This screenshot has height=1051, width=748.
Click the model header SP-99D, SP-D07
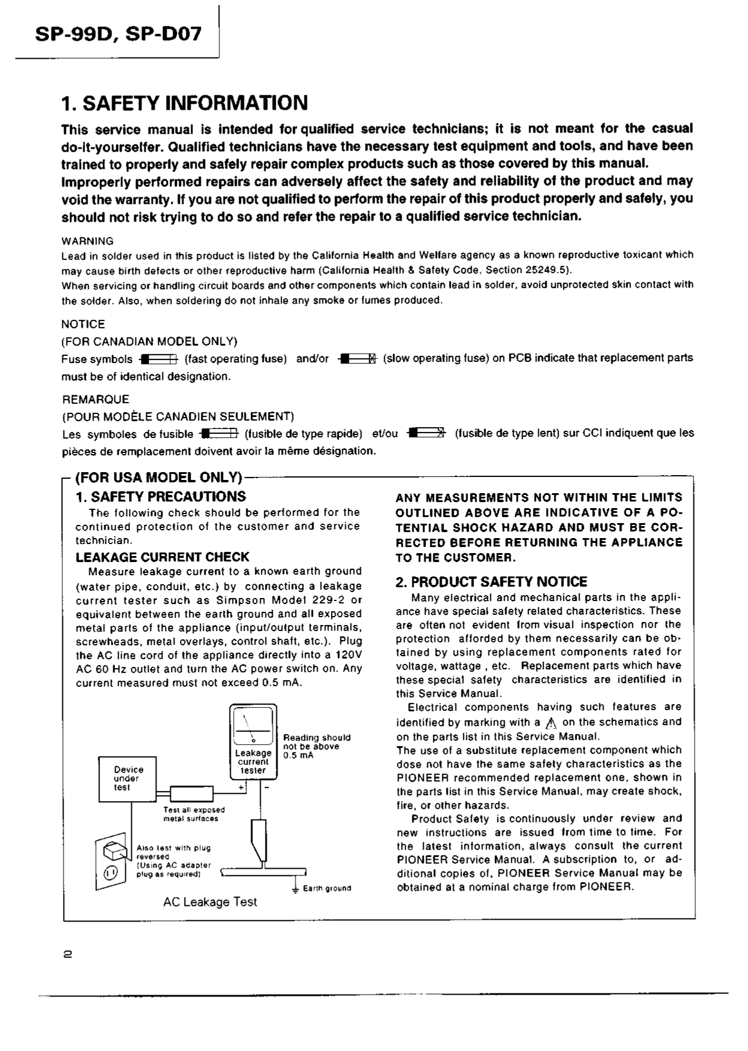[x=118, y=34]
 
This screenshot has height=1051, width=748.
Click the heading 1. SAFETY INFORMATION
[x=185, y=103]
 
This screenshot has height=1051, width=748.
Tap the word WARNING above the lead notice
[x=88, y=241]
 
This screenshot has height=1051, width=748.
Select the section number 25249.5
[x=541, y=270]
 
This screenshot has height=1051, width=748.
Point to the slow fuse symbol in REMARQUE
[x=427, y=434]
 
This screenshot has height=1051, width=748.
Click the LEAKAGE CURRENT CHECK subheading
[x=162, y=557]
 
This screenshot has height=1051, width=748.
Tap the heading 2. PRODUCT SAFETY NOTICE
[x=491, y=581]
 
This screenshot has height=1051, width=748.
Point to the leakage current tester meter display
[x=253, y=726]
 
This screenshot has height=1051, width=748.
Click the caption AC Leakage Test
[x=210, y=902]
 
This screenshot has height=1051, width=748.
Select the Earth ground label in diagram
[x=327, y=888]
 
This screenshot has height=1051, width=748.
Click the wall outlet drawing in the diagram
[x=111, y=863]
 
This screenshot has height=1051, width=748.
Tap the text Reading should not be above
[x=316, y=742]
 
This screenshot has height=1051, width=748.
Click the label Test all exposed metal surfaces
[x=194, y=814]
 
